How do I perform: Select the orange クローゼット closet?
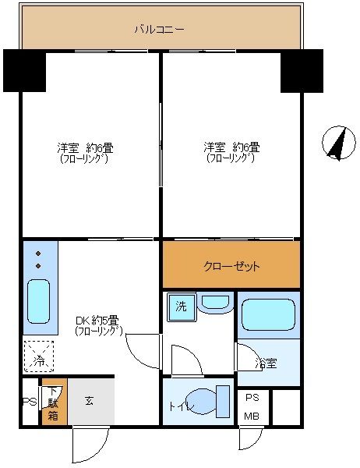[231, 265]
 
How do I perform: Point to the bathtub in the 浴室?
[267, 315]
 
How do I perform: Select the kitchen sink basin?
[39, 301]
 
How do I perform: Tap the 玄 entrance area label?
[89, 401]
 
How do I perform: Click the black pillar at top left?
[23, 70]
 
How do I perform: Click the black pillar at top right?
[301, 70]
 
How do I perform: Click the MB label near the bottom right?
[252, 416]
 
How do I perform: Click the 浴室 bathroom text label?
[265, 363]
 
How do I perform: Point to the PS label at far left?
[28, 402]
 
